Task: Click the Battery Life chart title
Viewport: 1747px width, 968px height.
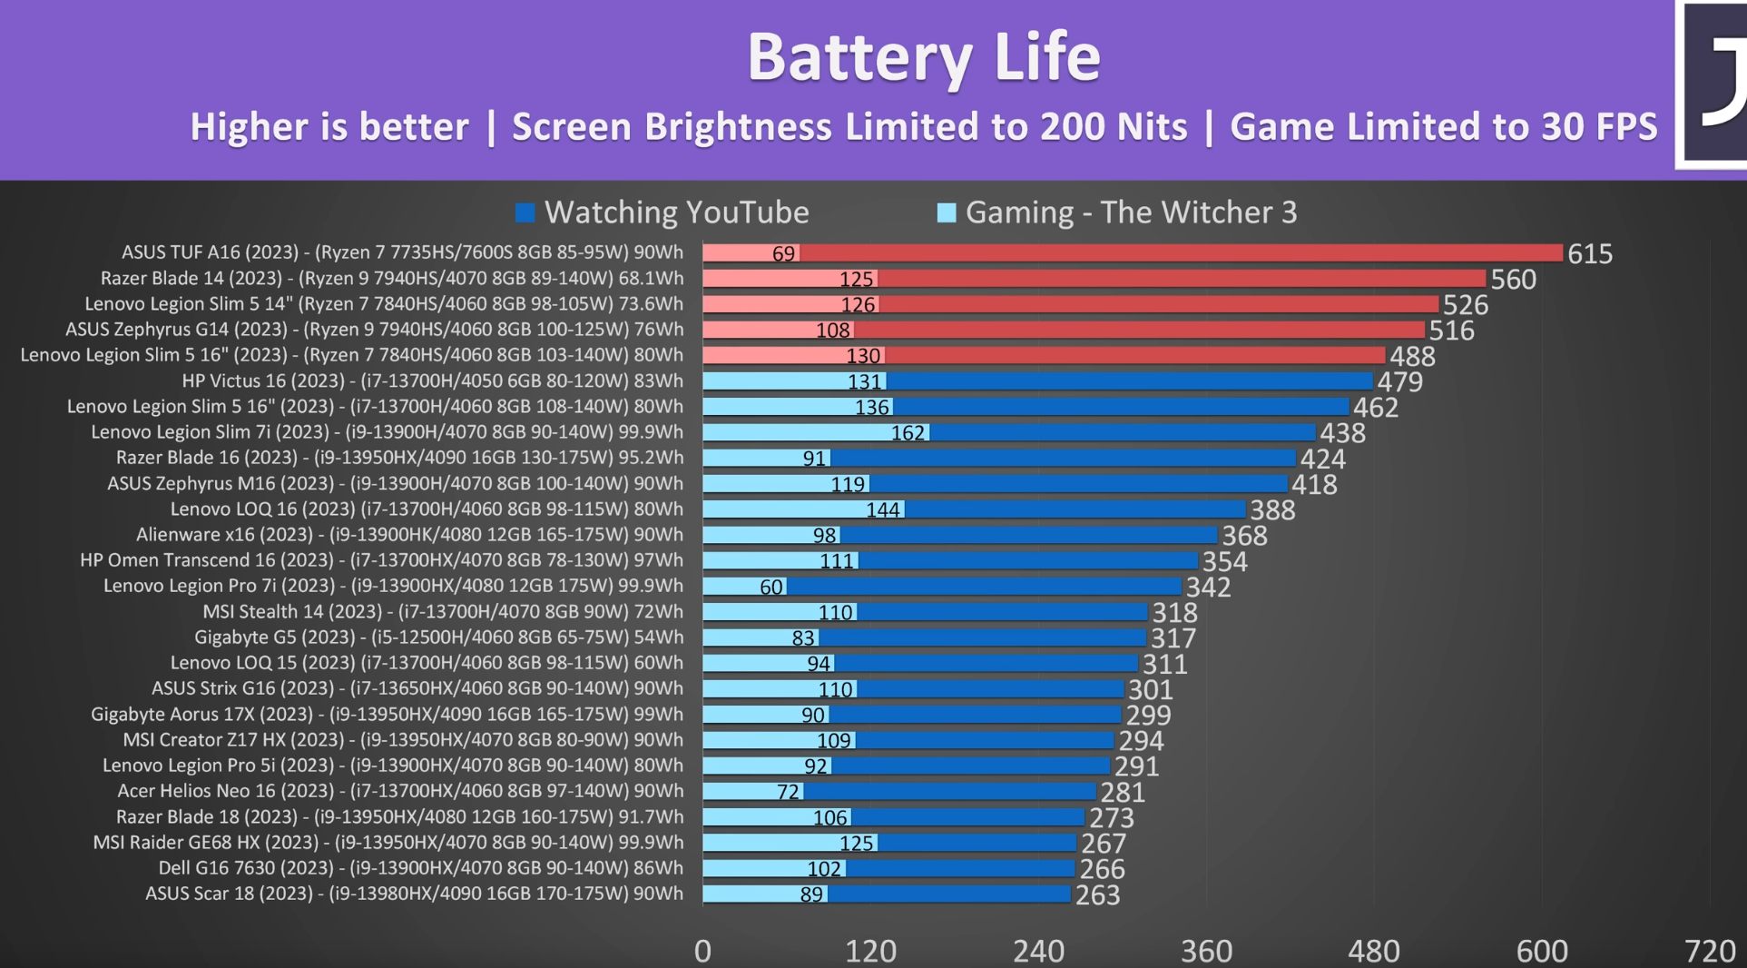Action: (923, 56)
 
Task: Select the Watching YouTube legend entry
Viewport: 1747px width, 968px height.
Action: (675, 212)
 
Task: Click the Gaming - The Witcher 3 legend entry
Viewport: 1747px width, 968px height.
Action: (1130, 212)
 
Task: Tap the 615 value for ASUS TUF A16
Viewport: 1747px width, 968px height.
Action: (1589, 254)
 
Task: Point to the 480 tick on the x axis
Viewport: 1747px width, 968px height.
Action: (1373, 951)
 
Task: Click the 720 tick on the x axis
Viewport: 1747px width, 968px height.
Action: (1709, 951)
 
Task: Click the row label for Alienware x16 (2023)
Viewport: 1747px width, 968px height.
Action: (409, 535)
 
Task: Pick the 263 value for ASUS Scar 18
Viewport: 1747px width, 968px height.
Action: (1097, 895)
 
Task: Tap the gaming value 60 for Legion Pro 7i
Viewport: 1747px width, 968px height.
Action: (770, 588)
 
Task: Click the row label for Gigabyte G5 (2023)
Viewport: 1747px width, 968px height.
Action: (438, 637)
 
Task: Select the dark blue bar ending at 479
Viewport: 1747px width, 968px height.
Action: (1130, 381)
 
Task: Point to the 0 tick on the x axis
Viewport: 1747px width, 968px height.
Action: (702, 951)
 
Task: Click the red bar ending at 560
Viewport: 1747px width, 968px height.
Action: (1180, 279)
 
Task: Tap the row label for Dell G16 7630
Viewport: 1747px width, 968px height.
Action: (420, 868)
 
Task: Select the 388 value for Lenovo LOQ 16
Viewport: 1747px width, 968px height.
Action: (1272, 510)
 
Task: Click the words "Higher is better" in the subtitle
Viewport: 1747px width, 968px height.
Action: (329, 127)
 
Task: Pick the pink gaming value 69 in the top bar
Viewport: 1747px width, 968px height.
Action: (783, 254)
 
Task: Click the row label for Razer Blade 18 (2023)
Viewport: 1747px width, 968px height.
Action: (399, 817)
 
